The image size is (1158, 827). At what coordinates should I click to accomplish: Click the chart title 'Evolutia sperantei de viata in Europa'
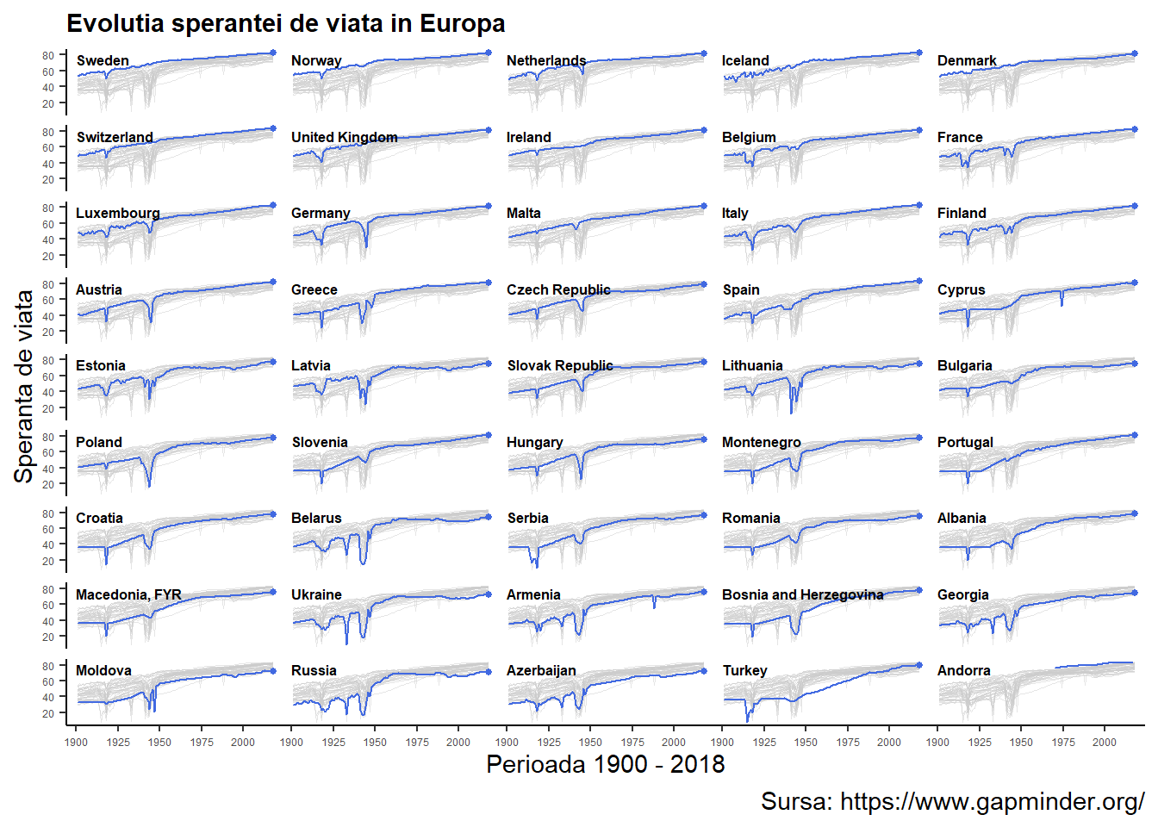tap(285, 23)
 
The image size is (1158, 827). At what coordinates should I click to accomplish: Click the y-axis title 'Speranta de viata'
tap(24, 386)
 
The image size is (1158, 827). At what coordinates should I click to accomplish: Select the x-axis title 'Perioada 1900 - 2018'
tap(605, 764)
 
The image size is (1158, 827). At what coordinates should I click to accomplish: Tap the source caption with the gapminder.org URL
tap(952, 801)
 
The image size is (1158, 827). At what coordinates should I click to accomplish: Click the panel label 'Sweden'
tap(103, 60)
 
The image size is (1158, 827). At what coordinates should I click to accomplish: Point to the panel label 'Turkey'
tap(744, 670)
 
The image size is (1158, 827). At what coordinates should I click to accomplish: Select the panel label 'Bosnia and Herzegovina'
tap(802, 594)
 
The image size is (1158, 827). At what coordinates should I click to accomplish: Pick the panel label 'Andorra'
tap(963, 670)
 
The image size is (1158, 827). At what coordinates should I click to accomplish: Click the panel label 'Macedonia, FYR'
tap(128, 594)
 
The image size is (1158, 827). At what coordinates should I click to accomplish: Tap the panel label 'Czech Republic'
tap(558, 289)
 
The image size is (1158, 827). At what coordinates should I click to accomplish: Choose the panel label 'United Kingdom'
tap(344, 137)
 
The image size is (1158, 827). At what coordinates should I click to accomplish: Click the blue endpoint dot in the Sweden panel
tap(273, 53)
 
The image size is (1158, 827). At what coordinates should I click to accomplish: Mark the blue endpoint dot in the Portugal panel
tap(1134, 435)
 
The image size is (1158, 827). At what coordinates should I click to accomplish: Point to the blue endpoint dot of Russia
tap(489, 672)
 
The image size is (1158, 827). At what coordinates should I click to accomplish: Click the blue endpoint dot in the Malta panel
tap(704, 207)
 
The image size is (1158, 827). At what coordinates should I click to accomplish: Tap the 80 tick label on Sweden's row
tap(48, 56)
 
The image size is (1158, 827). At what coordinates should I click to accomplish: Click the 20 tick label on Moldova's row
tap(48, 713)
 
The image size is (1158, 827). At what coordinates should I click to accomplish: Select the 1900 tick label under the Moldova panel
tap(76, 742)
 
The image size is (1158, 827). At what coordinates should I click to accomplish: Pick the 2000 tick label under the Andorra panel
tap(1105, 742)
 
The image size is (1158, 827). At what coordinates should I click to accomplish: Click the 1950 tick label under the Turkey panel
tap(806, 742)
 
